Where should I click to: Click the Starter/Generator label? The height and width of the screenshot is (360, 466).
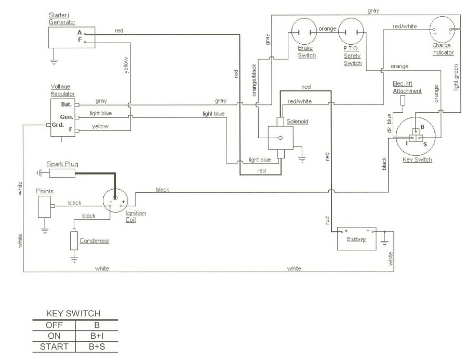click(x=62, y=18)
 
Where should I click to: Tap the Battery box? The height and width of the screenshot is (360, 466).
click(x=356, y=239)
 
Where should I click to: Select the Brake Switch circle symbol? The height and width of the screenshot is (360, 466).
click(x=304, y=31)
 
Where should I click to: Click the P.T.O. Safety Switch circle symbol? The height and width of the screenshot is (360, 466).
click(x=351, y=31)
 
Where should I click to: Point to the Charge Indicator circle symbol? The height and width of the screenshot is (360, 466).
click(x=442, y=29)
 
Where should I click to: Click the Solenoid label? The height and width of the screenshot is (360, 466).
click(x=297, y=121)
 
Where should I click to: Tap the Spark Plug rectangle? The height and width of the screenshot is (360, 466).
click(x=62, y=173)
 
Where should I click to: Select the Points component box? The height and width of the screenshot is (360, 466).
click(x=44, y=206)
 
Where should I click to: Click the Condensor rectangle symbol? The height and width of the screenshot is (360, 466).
click(x=74, y=241)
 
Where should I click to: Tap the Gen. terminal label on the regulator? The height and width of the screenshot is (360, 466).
click(x=66, y=117)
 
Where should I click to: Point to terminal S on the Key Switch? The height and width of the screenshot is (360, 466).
click(x=425, y=144)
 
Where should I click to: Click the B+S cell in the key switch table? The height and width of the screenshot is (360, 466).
click(x=97, y=346)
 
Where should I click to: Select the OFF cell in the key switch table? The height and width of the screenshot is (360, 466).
click(x=54, y=325)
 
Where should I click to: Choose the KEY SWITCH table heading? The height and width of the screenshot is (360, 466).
click(x=73, y=313)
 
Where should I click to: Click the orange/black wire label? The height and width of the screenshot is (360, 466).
click(x=254, y=81)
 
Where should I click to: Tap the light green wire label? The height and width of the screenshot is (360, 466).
click(x=456, y=77)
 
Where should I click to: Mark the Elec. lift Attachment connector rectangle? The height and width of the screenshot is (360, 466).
click(x=403, y=100)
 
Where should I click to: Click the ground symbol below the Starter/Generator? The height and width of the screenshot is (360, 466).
click(x=54, y=62)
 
